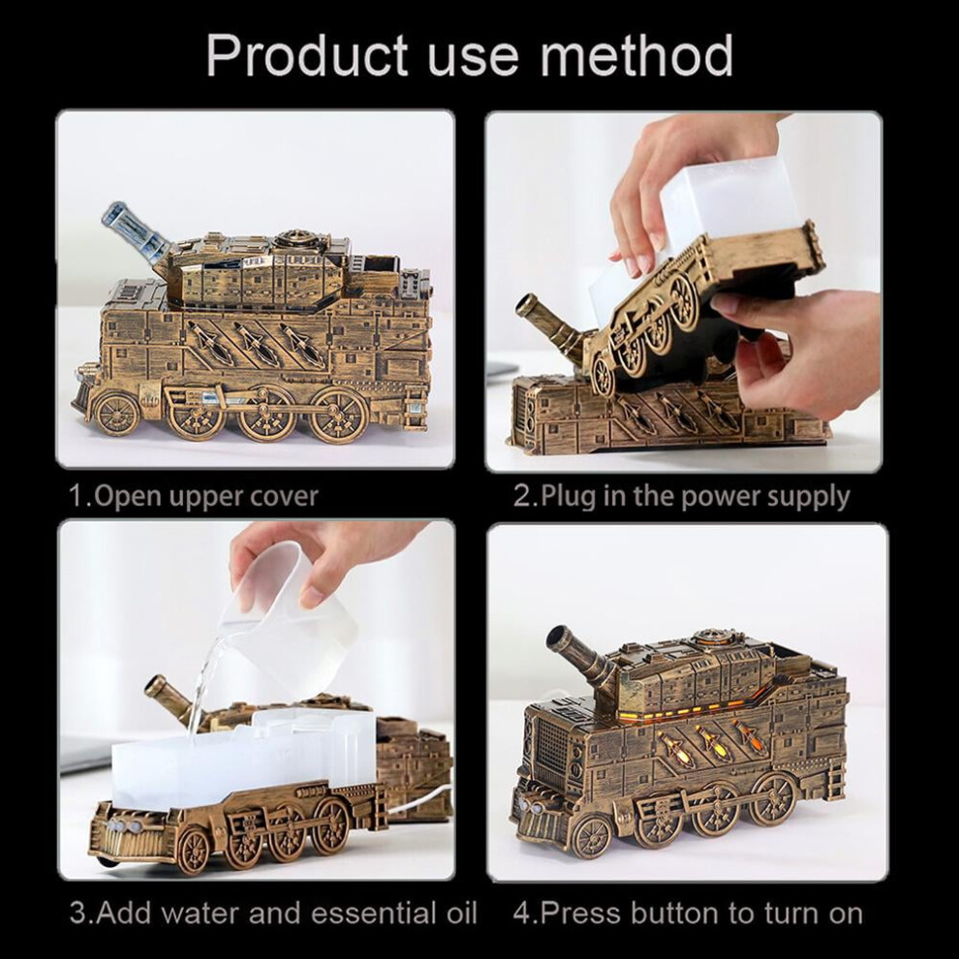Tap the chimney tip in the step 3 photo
157,685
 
